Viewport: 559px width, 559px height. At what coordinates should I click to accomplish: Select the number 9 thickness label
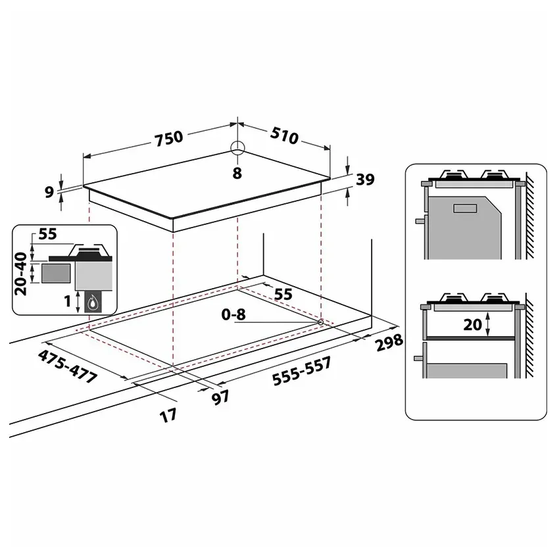[x=49, y=192]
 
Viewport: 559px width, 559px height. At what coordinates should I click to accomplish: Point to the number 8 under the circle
[x=237, y=173]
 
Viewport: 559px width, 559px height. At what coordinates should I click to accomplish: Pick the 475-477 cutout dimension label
[x=68, y=367]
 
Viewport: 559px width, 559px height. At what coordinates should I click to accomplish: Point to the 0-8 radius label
[x=233, y=315]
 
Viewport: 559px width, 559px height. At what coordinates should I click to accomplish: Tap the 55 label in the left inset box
[x=47, y=234]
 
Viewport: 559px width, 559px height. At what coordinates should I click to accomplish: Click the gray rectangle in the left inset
[x=55, y=274]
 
